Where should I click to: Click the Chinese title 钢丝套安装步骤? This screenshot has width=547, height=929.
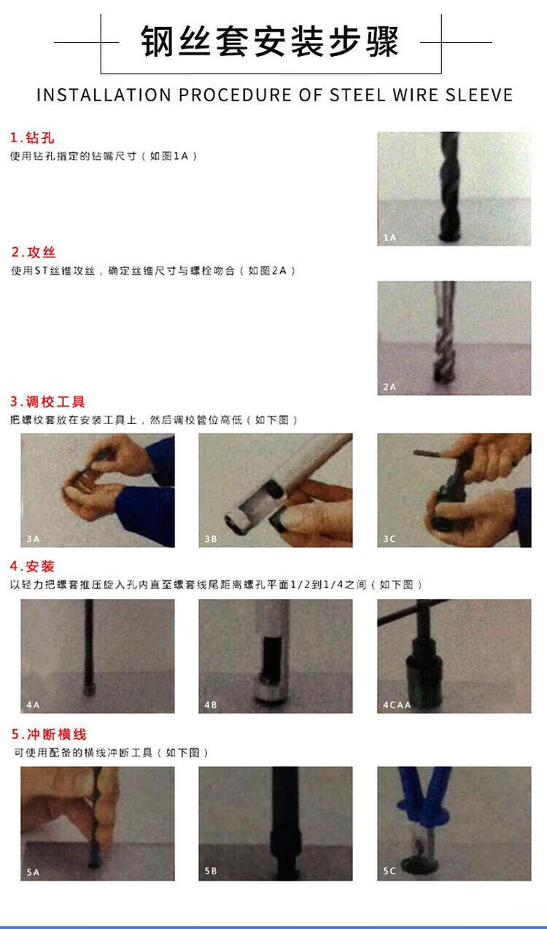(270, 41)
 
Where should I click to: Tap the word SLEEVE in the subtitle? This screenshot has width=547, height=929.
(479, 95)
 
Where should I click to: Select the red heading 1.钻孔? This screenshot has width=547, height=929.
(32, 138)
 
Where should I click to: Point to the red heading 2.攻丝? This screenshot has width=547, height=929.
(34, 252)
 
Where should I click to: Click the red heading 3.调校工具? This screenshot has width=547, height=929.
(47, 401)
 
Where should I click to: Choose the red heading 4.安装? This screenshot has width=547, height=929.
(32, 566)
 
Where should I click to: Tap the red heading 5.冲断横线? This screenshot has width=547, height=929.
(49, 734)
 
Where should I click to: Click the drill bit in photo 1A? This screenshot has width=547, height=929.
(450, 187)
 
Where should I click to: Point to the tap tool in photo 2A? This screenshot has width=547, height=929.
(444, 332)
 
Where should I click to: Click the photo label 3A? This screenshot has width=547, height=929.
(33, 538)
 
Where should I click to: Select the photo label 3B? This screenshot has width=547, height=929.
(211, 538)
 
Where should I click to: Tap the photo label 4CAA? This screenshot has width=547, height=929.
(397, 705)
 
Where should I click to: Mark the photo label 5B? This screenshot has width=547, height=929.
(211, 871)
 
